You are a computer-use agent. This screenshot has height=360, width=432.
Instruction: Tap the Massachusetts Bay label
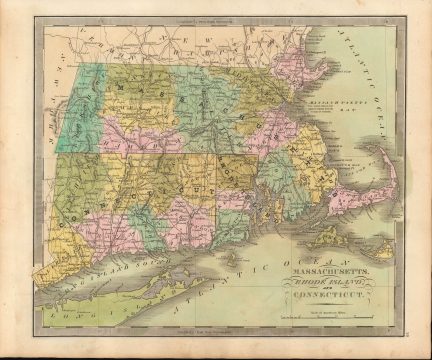(338, 130)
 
